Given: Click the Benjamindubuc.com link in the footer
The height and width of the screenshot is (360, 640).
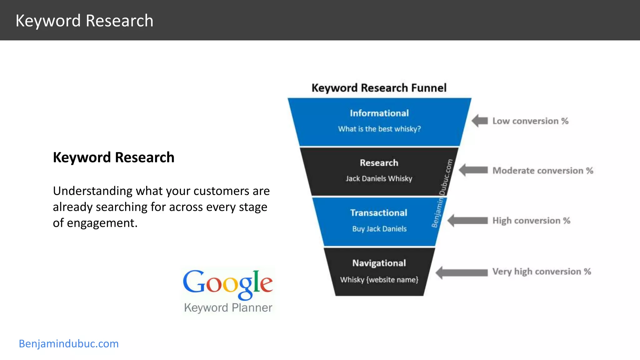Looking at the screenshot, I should coord(69,344).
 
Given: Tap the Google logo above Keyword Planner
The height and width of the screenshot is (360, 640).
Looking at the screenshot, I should coord(228,283).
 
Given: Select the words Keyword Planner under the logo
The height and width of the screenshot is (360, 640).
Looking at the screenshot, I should coord(228,308).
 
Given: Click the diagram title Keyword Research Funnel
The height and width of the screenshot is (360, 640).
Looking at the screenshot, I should coord(379,88).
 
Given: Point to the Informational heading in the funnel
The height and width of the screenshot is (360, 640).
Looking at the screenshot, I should coord(379,113).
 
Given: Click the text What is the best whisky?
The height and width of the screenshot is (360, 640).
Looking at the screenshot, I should coord(379,129).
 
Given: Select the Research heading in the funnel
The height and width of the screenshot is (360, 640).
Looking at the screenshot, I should coord(379,163).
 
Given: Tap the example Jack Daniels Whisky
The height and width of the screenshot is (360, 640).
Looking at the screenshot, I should coord(379,178).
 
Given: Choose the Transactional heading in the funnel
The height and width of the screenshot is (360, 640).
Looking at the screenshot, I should coord(379,213).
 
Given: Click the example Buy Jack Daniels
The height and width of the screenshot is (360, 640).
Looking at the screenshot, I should coord(379,229).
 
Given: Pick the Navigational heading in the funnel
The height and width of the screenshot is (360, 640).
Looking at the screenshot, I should coord(379,263).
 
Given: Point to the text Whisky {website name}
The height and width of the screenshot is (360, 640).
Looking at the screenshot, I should coord(379,280).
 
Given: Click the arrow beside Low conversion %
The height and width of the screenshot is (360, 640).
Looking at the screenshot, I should coord(480,121).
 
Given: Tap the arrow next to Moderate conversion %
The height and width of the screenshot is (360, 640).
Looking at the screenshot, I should coord(473,170).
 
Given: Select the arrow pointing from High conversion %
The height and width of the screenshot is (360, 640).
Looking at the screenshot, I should coord(467,221).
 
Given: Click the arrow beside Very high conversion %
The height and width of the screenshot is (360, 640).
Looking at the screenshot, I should coord(462,272).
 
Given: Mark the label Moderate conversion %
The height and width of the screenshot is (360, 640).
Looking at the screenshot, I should coord(543,171).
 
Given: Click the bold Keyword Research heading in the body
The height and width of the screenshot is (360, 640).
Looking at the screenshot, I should coord(113,157).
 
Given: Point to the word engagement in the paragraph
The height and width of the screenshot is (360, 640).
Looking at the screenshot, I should coord(102,223).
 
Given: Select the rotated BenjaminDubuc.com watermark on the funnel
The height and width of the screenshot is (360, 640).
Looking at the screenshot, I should coord(442,193).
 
